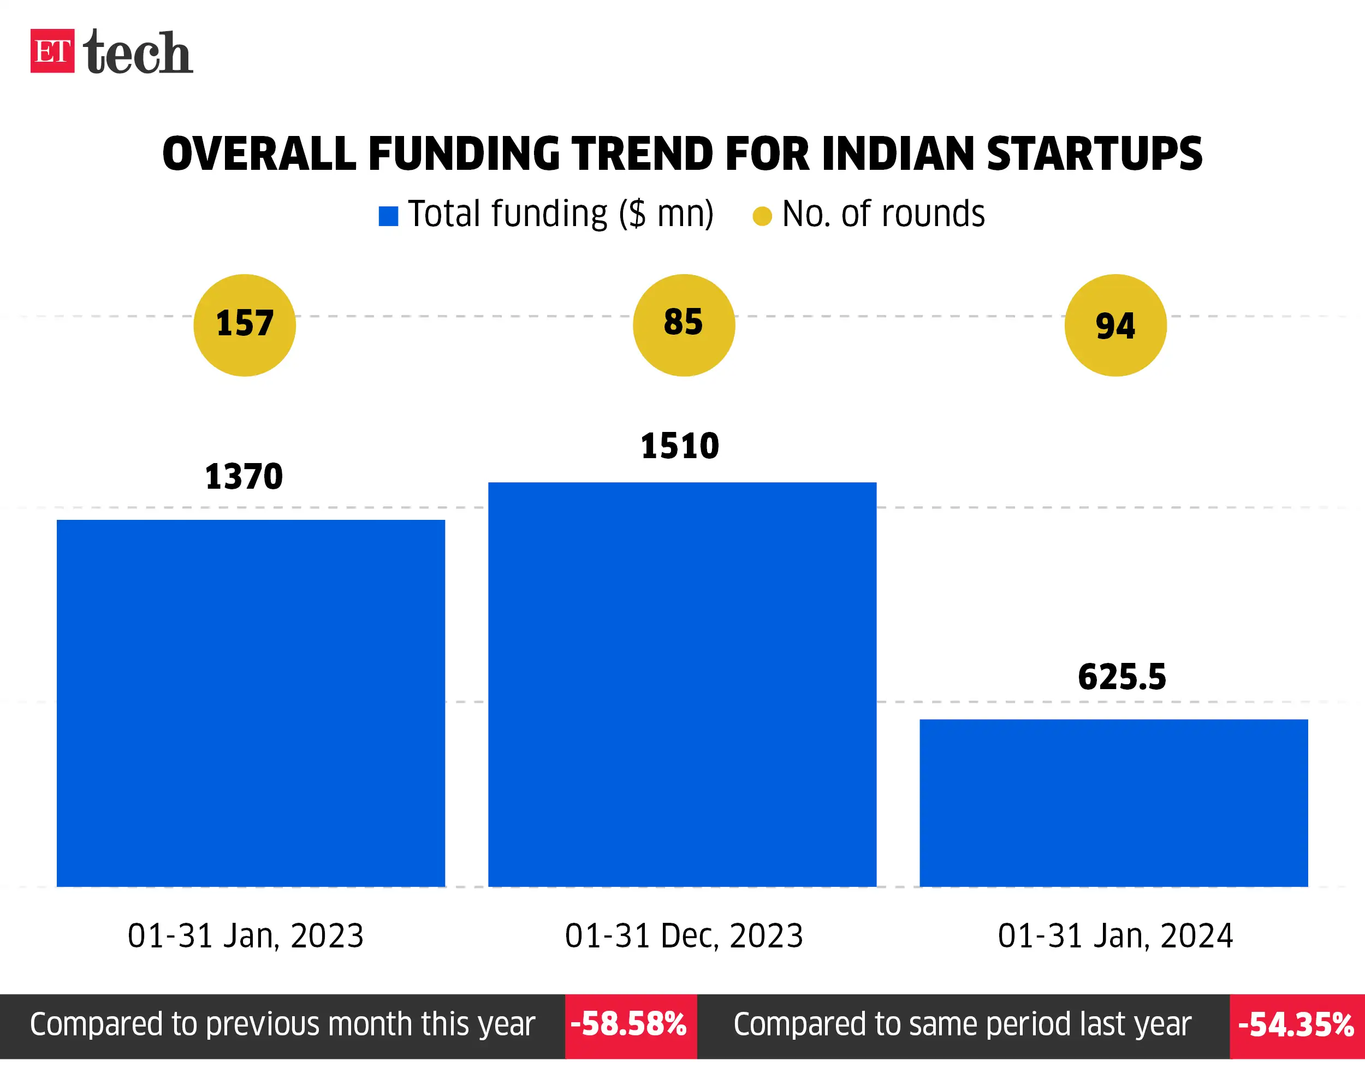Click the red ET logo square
(52, 51)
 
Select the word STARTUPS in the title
(1094, 154)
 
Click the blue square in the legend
(388, 216)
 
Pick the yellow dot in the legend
(762, 216)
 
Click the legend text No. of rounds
(882, 214)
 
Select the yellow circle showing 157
(245, 325)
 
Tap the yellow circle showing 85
(684, 325)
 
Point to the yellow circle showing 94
(1115, 325)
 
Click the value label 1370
(244, 476)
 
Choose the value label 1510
(680, 446)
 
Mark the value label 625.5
(1122, 677)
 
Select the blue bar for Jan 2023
(251, 702)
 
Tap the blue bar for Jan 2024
(1114, 802)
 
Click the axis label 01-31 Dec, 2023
(684, 936)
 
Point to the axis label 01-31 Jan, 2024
(1115, 936)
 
